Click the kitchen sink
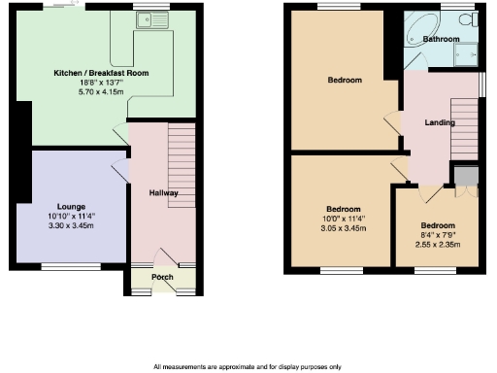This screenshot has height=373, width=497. click(152, 18)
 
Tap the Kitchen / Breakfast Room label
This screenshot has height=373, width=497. click(101, 73)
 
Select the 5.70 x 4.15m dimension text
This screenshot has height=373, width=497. click(101, 90)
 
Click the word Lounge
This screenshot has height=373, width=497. click(72, 207)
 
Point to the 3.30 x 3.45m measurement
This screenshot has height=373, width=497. click(72, 225)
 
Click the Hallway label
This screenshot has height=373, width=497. click(163, 193)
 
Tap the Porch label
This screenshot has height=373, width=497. click(162, 278)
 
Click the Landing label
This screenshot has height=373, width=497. click(441, 122)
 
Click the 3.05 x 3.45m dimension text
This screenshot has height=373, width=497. click(343, 227)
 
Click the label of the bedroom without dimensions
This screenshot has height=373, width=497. click(344, 80)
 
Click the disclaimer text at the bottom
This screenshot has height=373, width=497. click(248, 366)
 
